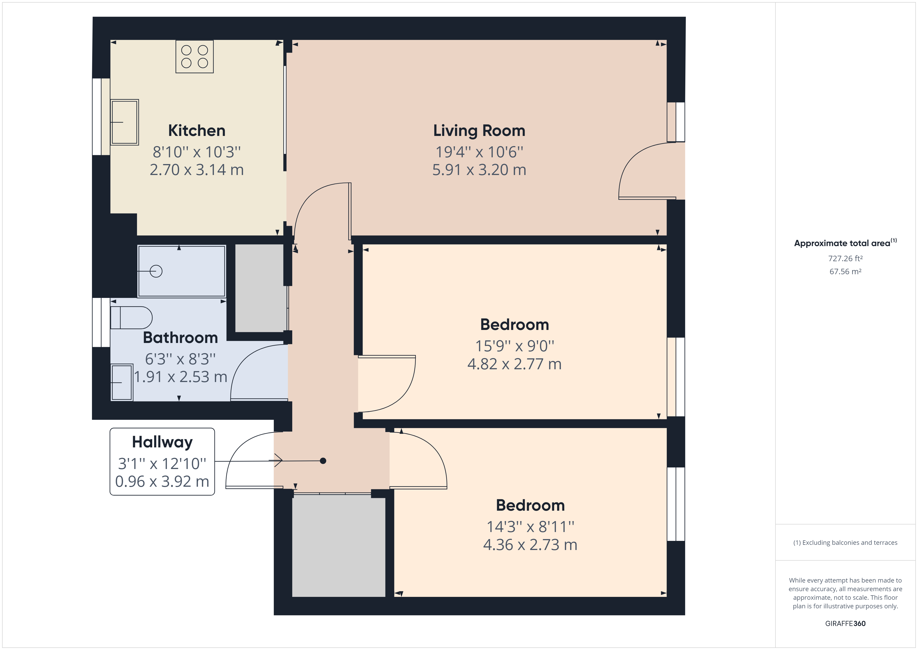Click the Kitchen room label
(x=196, y=130)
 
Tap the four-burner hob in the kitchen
(x=195, y=57)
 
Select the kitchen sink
(x=125, y=122)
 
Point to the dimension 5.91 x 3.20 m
(x=479, y=170)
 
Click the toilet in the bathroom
(x=131, y=318)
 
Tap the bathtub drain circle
(x=156, y=271)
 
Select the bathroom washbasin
(x=122, y=382)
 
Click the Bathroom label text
(x=181, y=338)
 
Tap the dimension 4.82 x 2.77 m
(x=514, y=364)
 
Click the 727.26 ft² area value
(x=845, y=259)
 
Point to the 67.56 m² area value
(x=845, y=271)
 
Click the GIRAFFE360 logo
(x=845, y=623)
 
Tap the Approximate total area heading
(x=845, y=243)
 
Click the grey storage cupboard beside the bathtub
(x=260, y=288)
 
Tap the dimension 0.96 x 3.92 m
(x=162, y=482)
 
